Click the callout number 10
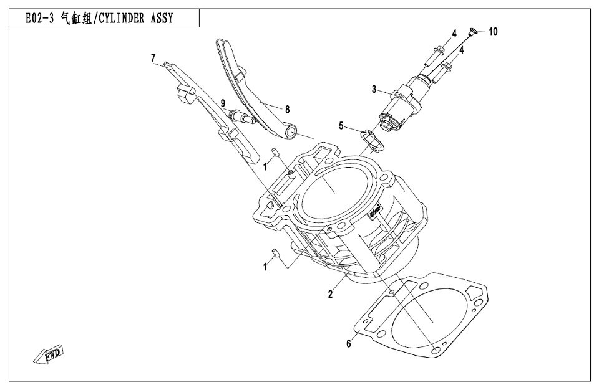(x=493, y=31)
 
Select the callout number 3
(x=374, y=90)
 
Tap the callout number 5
(x=341, y=126)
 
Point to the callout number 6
(x=349, y=343)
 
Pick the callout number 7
(x=153, y=58)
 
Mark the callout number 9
(x=222, y=102)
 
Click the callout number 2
(x=330, y=293)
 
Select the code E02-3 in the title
(x=39, y=19)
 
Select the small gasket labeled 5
(x=373, y=141)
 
